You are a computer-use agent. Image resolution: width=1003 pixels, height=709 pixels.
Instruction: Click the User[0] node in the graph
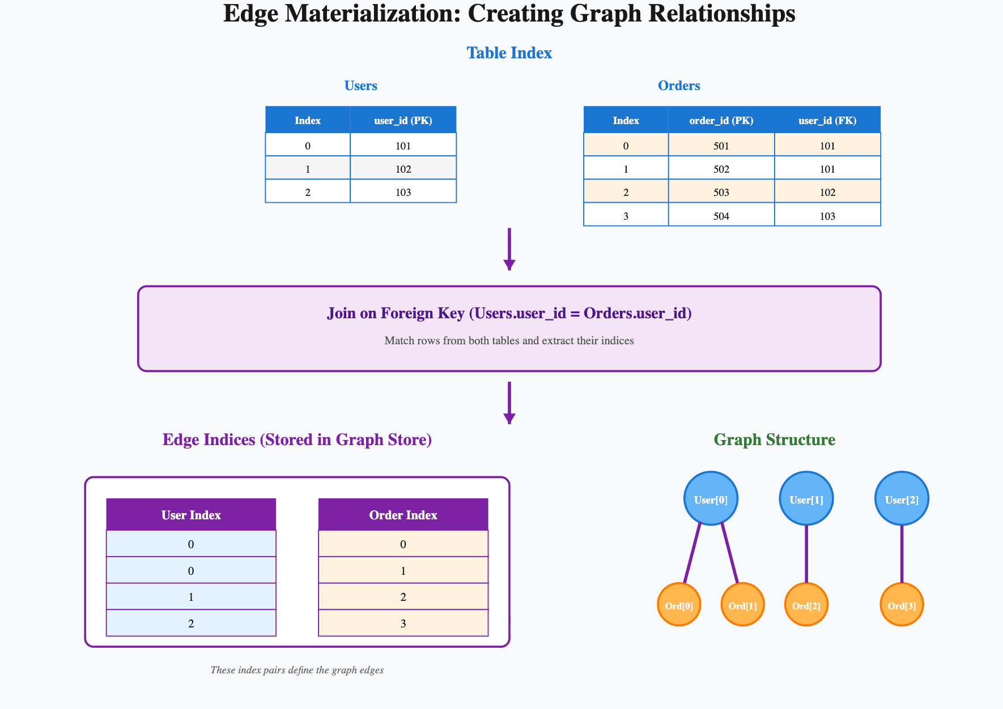[x=711, y=499]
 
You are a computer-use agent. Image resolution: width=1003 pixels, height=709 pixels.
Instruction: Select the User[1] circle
[x=806, y=499]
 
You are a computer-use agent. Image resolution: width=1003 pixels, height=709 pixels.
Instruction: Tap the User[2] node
[x=902, y=499]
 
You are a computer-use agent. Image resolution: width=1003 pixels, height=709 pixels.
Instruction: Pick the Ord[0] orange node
[x=679, y=605]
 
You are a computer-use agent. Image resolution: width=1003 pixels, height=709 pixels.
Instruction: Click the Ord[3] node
[x=902, y=605]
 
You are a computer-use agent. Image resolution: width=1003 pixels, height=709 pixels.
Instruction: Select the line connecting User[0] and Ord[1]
[x=729, y=552]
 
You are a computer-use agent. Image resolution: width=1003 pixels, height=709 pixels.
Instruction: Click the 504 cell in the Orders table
[x=721, y=216]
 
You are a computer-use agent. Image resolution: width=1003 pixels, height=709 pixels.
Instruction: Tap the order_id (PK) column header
[x=721, y=120]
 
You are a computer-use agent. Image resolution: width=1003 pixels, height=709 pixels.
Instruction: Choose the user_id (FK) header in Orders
[x=827, y=120]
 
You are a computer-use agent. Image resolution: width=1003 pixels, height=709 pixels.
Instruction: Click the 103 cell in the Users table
[x=403, y=192]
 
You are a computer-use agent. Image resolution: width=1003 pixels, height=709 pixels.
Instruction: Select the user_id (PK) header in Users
[x=403, y=120]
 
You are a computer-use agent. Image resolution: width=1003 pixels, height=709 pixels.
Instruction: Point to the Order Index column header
[x=403, y=515]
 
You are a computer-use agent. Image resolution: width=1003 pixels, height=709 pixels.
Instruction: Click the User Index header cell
[x=191, y=515]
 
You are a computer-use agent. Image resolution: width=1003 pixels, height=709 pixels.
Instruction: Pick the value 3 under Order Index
[x=403, y=623]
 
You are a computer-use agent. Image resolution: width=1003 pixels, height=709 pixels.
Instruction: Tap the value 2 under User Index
[x=191, y=623]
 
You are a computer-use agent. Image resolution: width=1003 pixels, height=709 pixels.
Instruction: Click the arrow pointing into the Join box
[x=509, y=249]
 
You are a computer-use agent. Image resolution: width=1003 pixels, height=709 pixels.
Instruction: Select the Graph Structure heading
[x=774, y=439]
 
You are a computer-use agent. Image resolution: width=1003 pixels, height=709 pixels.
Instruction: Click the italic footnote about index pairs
[x=297, y=670]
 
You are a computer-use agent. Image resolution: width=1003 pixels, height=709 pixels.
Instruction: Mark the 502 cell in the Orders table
[x=721, y=169]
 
